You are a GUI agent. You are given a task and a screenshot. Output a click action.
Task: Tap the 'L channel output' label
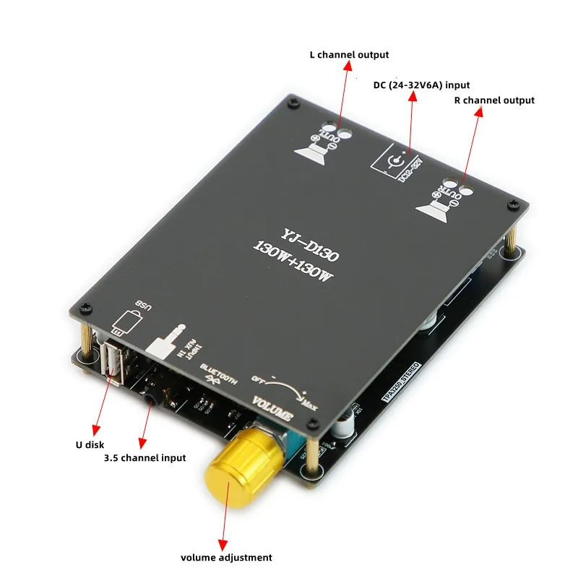point(349,55)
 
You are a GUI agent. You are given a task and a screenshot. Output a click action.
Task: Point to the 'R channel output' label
point(494,100)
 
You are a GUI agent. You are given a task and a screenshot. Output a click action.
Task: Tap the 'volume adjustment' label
point(226,557)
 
